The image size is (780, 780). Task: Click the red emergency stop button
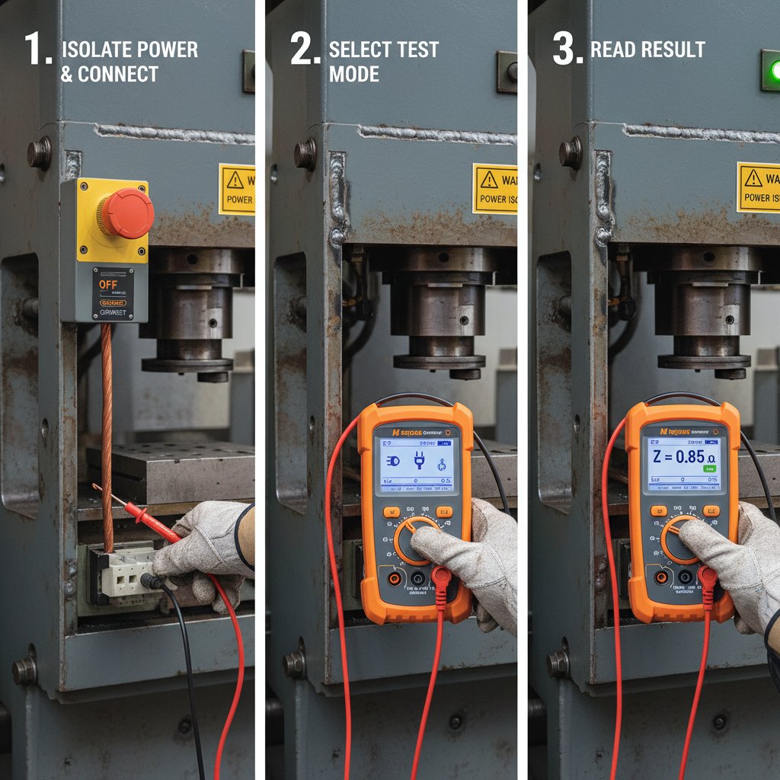click(126, 213)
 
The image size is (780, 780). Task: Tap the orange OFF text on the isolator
click(110, 283)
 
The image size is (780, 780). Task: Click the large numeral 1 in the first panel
click(37, 50)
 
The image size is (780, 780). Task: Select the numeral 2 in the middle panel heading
click(305, 50)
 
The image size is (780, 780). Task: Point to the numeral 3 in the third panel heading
click(567, 50)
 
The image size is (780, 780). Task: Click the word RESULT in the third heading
click(671, 50)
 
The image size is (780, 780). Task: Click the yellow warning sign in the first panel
click(237, 189)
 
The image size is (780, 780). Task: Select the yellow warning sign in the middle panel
click(494, 189)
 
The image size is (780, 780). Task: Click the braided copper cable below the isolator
click(107, 427)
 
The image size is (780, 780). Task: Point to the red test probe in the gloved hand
click(145, 518)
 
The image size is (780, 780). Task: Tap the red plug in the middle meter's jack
click(441, 580)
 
